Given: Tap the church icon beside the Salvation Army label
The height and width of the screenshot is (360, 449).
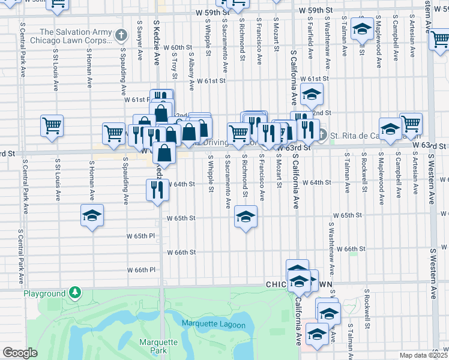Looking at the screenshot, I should (x=121, y=35).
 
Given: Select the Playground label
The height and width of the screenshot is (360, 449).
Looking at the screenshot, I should (x=44, y=294).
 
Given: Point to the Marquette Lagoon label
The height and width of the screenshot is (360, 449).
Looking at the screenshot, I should (x=214, y=325).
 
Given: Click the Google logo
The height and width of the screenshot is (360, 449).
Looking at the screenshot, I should (x=20, y=353).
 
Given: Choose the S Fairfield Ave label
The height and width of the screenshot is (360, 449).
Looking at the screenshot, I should (x=310, y=40).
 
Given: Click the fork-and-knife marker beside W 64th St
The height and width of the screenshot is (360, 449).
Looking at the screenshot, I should (x=157, y=191).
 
